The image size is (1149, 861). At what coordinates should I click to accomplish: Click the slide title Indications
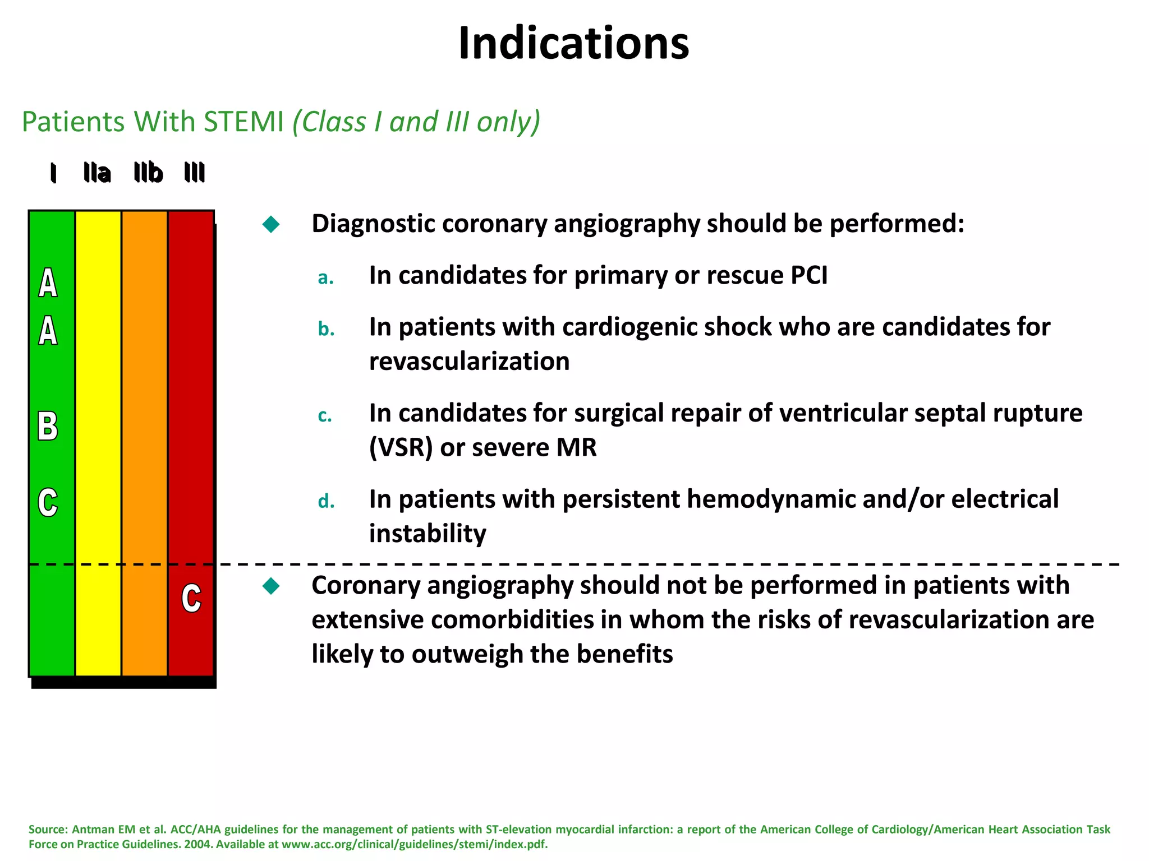pyautogui.click(x=573, y=44)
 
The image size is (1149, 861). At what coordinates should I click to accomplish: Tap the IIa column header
pyautogui.click(x=96, y=173)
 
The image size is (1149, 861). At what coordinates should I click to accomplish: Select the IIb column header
pyautogui.click(x=148, y=173)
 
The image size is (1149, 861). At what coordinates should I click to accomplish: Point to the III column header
pyautogui.click(x=194, y=173)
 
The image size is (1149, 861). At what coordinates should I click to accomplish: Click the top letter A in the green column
pyautogui.click(x=48, y=283)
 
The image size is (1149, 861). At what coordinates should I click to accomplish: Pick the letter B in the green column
pyautogui.click(x=48, y=427)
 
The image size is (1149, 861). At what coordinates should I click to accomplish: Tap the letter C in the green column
pyautogui.click(x=48, y=502)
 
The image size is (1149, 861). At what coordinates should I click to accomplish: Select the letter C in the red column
pyautogui.click(x=191, y=599)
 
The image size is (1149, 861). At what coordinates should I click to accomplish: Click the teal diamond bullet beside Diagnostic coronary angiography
pyautogui.click(x=271, y=225)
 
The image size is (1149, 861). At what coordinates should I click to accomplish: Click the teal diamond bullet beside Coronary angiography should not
pyautogui.click(x=271, y=586)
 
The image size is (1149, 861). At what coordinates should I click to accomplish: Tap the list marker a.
pyautogui.click(x=325, y=277)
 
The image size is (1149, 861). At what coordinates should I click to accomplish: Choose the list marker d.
pyautogui.click(x=326, y=501)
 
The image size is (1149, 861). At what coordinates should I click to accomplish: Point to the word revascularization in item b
pyautogui.click(x=469, y=362)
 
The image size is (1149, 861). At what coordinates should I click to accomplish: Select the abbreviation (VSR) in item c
pyautogui.click(x=401, y=448)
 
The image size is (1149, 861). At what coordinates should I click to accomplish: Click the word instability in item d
pyautogui.click(x=428, y=534)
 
